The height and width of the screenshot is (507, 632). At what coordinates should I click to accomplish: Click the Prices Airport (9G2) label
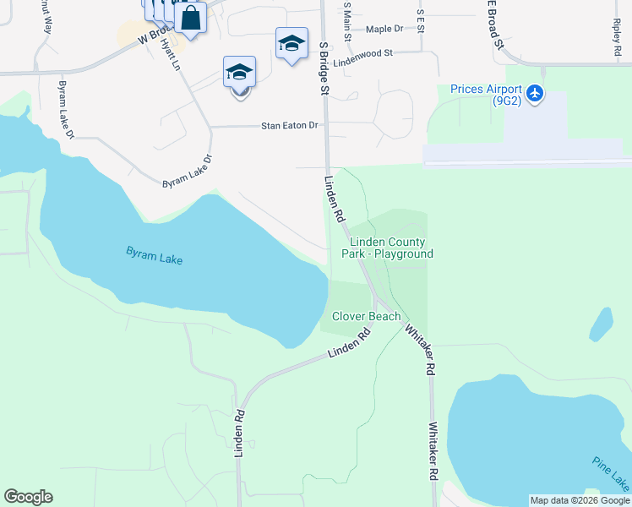485,94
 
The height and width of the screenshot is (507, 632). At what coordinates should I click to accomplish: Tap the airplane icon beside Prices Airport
534,93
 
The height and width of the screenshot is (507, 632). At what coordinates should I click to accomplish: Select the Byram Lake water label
155,255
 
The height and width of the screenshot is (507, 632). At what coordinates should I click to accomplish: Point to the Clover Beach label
366,316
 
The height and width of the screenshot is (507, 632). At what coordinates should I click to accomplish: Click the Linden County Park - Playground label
387,248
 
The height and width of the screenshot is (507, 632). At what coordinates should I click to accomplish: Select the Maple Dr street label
384,29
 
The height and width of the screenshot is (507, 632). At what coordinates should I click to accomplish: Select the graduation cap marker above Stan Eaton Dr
240,72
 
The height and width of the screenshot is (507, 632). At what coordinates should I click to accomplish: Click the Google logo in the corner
28,497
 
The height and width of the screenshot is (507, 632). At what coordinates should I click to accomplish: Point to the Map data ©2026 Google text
580,500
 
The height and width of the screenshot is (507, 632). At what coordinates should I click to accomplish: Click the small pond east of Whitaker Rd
601,324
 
